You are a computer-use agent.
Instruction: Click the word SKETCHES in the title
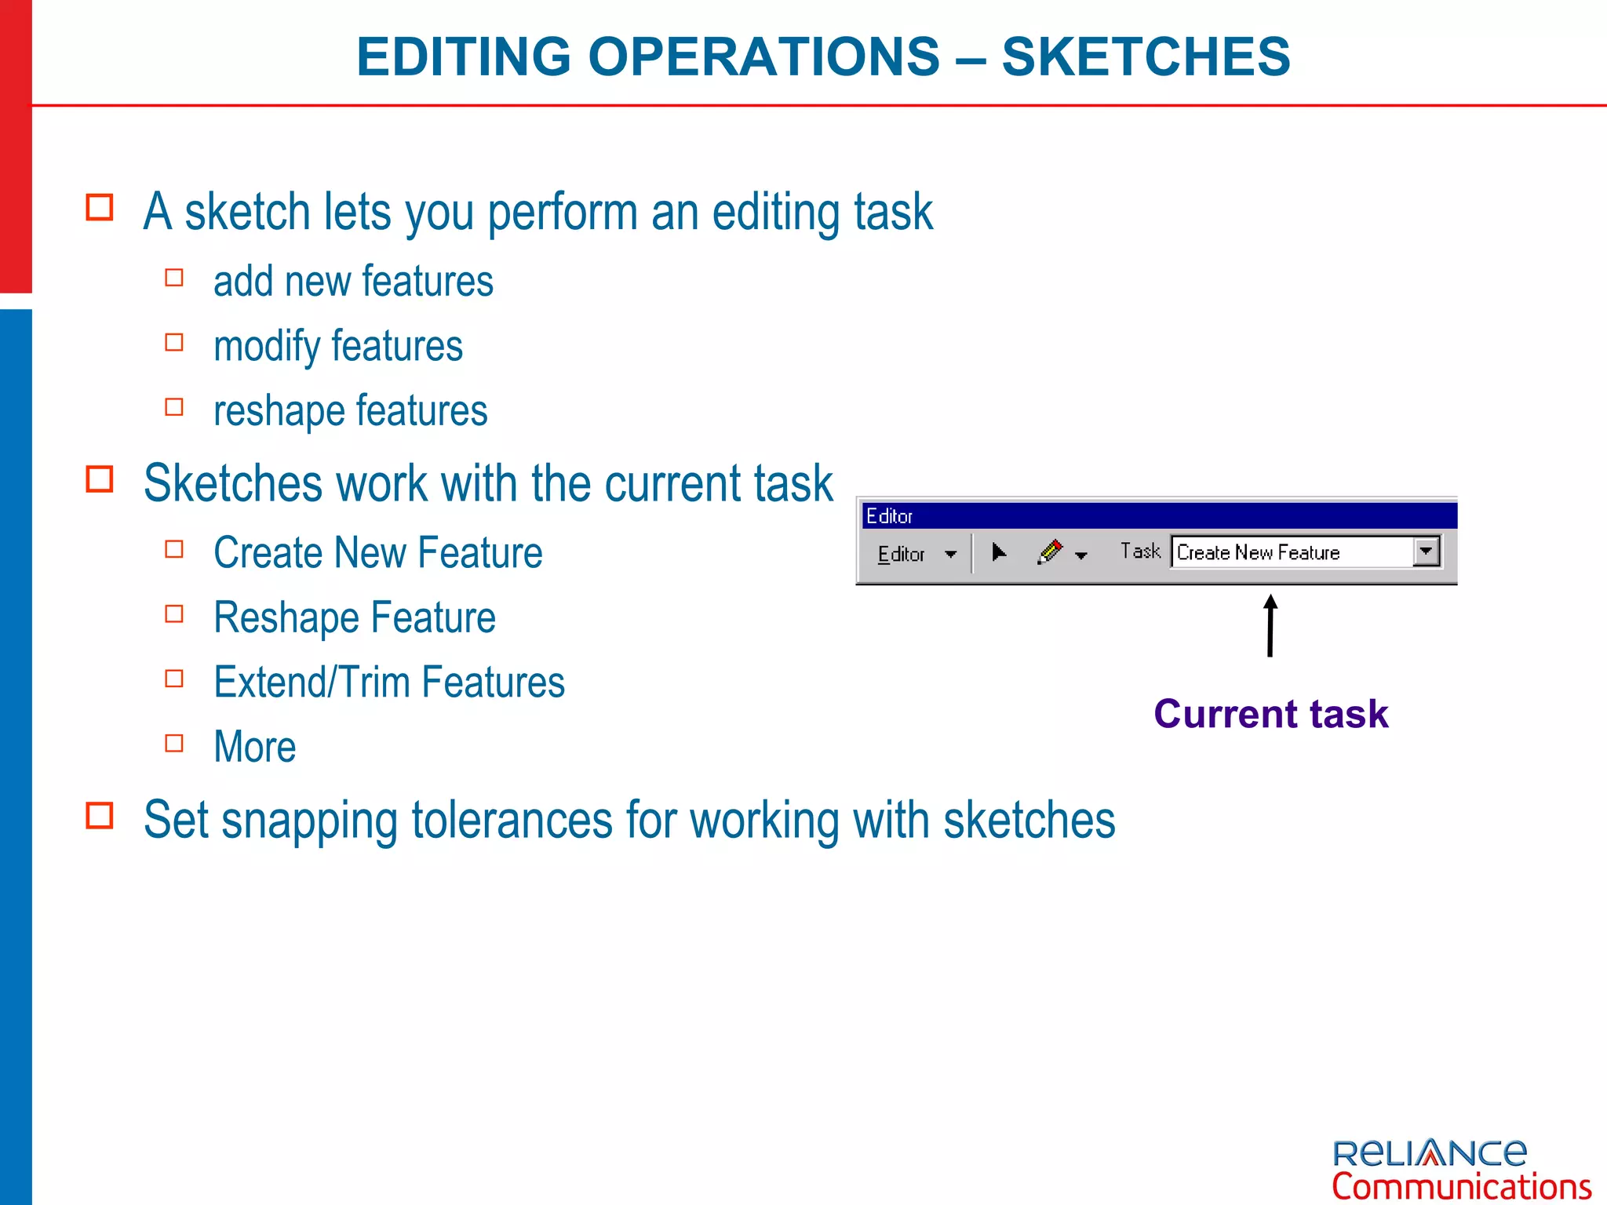[x=1146, y=56]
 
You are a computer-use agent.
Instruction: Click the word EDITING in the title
[x=464, y=56]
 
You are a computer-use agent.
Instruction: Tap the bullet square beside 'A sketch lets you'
[x=100, y=208]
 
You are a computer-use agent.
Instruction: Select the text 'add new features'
[x=353, y=282]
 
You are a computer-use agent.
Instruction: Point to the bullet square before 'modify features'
[x=174, y=343]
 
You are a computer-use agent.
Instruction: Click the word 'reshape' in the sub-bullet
[x=279, y=411]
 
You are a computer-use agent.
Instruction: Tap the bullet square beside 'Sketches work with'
[x=100, y=479]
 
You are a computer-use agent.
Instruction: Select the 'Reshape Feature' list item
[x=355, y=617]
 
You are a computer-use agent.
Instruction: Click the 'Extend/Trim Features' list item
[x=389, y=682]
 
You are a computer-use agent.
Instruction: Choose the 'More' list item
[x=255, y=747]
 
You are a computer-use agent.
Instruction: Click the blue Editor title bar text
[x=889, y=516]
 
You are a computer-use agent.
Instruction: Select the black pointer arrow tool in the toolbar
[x=999, y=552]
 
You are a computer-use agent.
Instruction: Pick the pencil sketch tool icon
[x=1050, y=552]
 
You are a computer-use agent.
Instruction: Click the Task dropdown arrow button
[x=1427, y=552]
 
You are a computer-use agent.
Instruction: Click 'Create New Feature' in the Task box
[x=1258, y=552]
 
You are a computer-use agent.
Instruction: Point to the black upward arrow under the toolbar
[x=1270, y=625]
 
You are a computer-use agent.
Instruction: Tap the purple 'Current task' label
[x=1270, y=714]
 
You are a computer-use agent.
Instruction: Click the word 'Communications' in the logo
[x=1461, y=1186]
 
